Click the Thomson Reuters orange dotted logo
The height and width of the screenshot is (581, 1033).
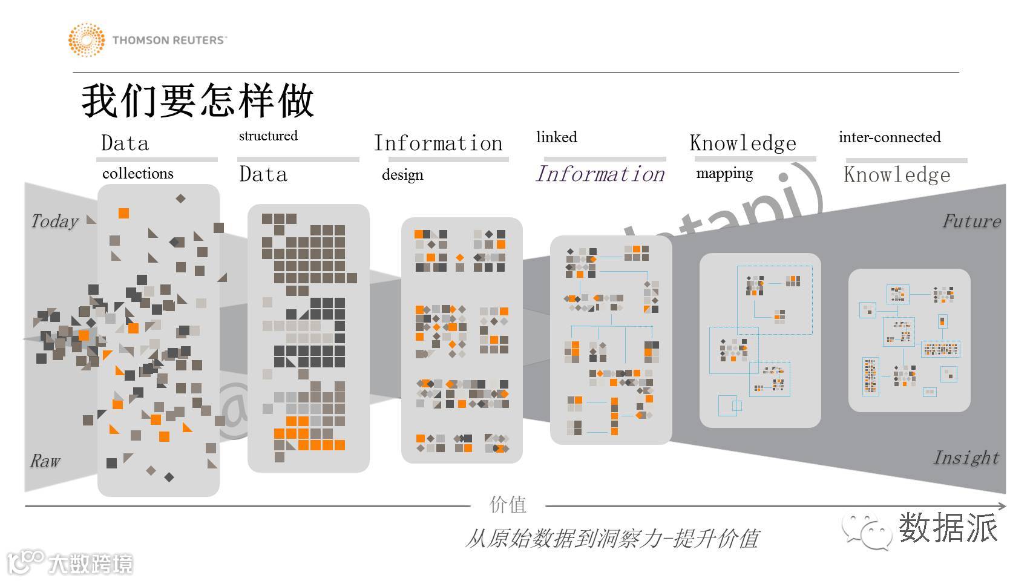[x=86, y=40]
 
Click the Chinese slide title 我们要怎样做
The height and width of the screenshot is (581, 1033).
[x=197, y=100]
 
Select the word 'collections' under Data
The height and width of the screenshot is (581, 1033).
[x=138, y=174]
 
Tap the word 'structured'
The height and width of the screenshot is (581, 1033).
[x=268, y=136]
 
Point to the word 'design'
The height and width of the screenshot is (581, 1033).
[x=402, y=175]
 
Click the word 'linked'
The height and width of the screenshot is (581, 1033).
[x=557, y=137]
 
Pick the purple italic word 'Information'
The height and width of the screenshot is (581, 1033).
[x=600, y=174]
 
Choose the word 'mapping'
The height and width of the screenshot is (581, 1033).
[x=724, y=174]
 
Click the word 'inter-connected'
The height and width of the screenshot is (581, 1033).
[x=890, y=137]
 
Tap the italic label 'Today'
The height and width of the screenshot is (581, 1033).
[x=54, y=221]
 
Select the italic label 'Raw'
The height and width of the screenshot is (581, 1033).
[x=45, y=461]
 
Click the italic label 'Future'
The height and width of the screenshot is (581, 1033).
[x=971, y=221]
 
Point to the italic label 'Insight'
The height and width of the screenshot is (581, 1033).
[x=966, y=458]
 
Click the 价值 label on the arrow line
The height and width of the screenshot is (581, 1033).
[x=508, y=505]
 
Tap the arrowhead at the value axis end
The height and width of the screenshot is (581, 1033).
[x=1002, y=506]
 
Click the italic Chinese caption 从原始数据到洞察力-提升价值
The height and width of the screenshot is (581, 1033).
[x=612, y=538]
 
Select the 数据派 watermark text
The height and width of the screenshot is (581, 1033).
[x=948, y=528]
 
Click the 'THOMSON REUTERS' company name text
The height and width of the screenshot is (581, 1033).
[x=169, y=41]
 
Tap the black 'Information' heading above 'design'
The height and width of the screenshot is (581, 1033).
[x=438, y=143]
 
